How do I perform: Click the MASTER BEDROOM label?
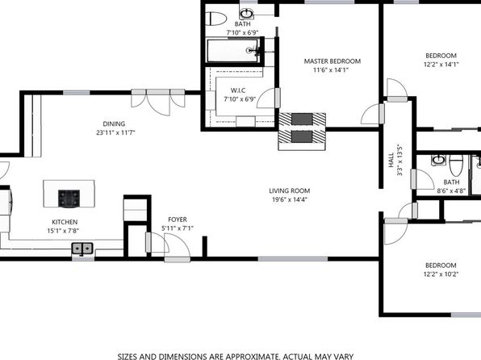click(x=333, y=61)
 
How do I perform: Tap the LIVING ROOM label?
click(x=289, y=190)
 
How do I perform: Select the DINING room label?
click(x=114, y=123)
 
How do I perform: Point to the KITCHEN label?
click(x=65, y=222)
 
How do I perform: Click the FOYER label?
click(x=178, y=220)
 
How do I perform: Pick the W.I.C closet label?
click(x=238, y=90)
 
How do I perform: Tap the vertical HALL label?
click(x=391, y=160)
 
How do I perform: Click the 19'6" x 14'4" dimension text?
click(x=290, y=199)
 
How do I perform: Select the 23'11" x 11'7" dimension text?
click(x=115, y=132)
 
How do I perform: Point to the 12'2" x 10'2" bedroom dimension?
click(x=441, y=274)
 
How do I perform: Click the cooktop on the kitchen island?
click(x=69, y=199)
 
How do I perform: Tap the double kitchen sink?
click(x=82, y=249)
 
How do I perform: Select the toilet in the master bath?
click(x=215, y=19)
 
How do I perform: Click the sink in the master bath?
click(x=247, y=14)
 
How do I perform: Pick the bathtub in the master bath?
click(x=232, y=51)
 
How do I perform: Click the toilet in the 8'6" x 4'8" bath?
click(x=456, y=165)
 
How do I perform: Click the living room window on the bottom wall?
click(x=293, y=259)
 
